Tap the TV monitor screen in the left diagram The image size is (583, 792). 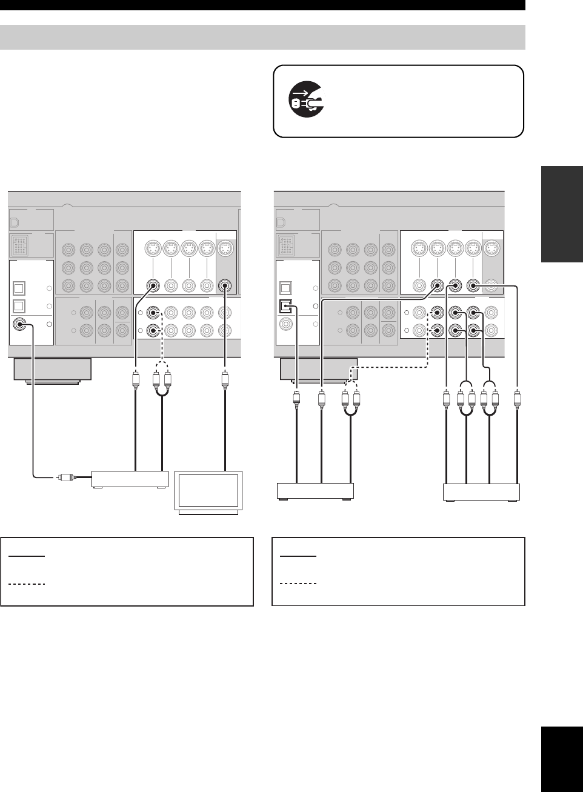[x=208, y=491]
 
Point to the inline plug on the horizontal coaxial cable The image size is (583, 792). [x=65, y=477]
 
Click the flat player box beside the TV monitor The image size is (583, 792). [x=130, y=479]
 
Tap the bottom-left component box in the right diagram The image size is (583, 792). [x=315, y=490]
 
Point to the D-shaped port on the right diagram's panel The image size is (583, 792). [x=279, y=222]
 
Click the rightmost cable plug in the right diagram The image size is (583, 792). [x=517, y=399]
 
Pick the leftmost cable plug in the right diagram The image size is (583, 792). [x=296, y=399]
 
